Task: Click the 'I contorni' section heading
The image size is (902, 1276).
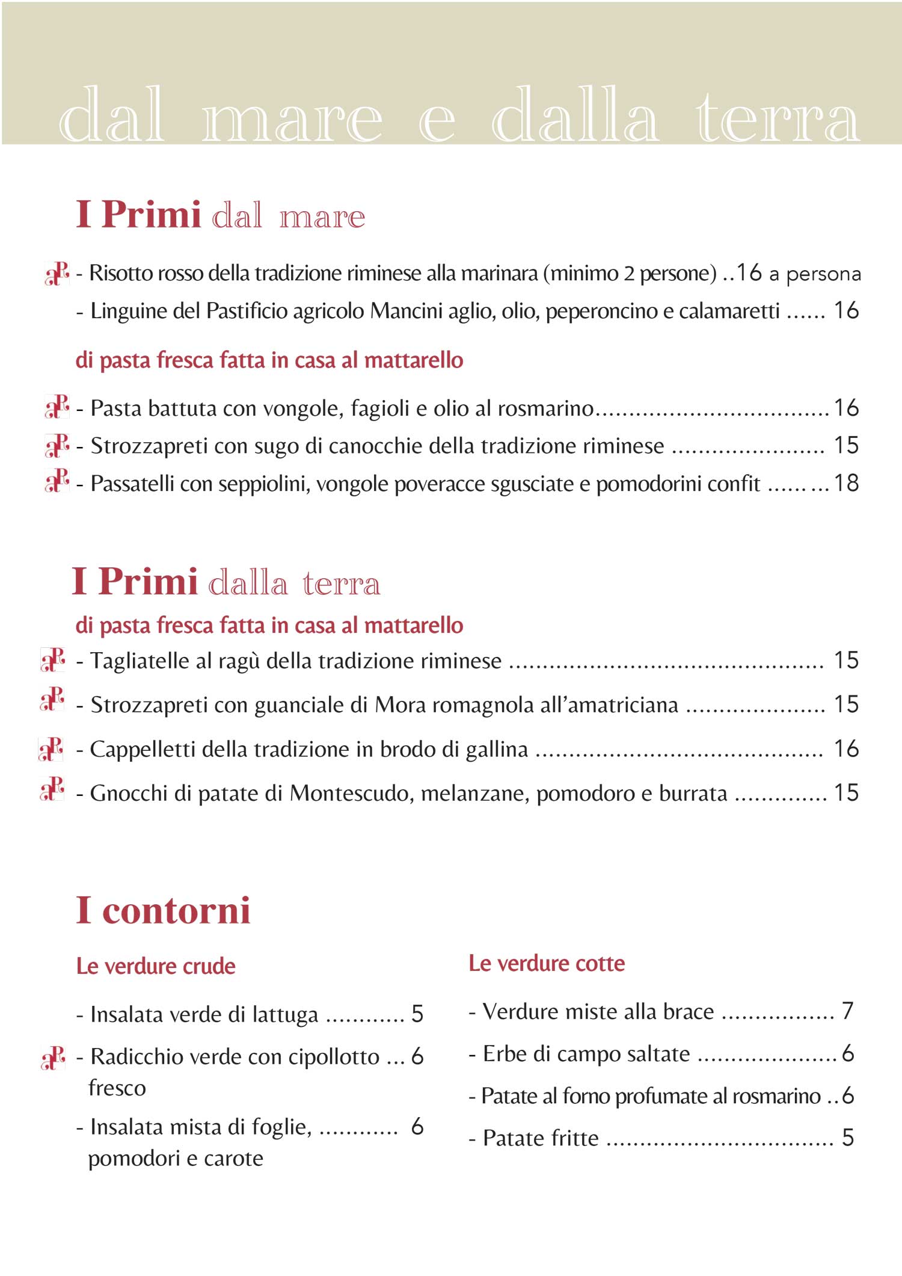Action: [x=163, y=910]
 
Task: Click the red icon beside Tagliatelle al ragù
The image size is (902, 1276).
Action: [x=53, y=660]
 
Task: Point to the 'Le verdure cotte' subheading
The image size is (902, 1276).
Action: [x=547, y=963]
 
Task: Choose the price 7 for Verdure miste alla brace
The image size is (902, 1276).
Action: [x=847, y=1011]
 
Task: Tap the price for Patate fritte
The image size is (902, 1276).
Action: [x=847, y=1137]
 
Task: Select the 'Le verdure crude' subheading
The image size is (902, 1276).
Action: [x=156, y=966]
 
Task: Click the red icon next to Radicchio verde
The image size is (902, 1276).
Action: [x=53, y=1058]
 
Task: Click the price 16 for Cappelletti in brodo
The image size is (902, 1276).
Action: [x=845, y=748]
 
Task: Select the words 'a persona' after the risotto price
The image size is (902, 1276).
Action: [x=815, y=274]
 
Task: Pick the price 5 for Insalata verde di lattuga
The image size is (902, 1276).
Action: [x=417, y=1014]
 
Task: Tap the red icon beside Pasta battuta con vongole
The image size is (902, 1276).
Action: [x=57, y=407]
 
